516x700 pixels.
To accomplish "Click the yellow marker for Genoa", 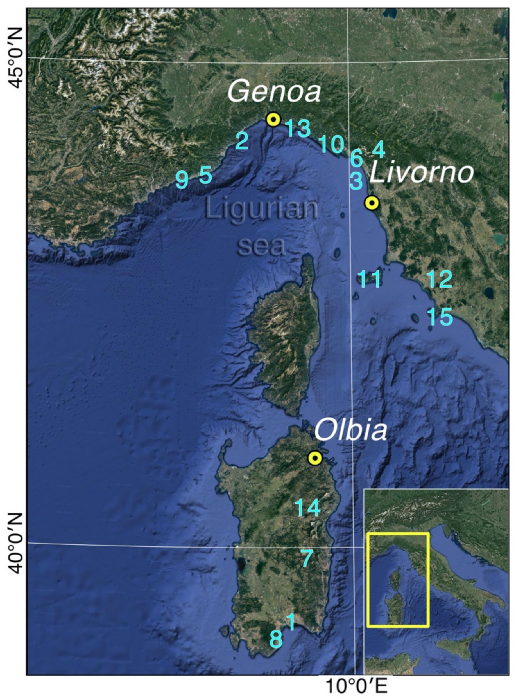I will [273, 119].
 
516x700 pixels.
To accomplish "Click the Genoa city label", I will [274, 92].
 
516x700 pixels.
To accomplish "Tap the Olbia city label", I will [350, 430].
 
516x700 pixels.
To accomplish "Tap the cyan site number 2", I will [242, 141].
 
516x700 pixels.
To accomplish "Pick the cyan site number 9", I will [182, 180].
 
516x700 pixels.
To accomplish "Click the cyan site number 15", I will [440, 317].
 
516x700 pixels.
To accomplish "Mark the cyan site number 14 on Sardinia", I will [308, 507].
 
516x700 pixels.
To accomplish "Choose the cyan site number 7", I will [307, 558].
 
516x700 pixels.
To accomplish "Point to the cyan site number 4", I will [379, 149].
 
